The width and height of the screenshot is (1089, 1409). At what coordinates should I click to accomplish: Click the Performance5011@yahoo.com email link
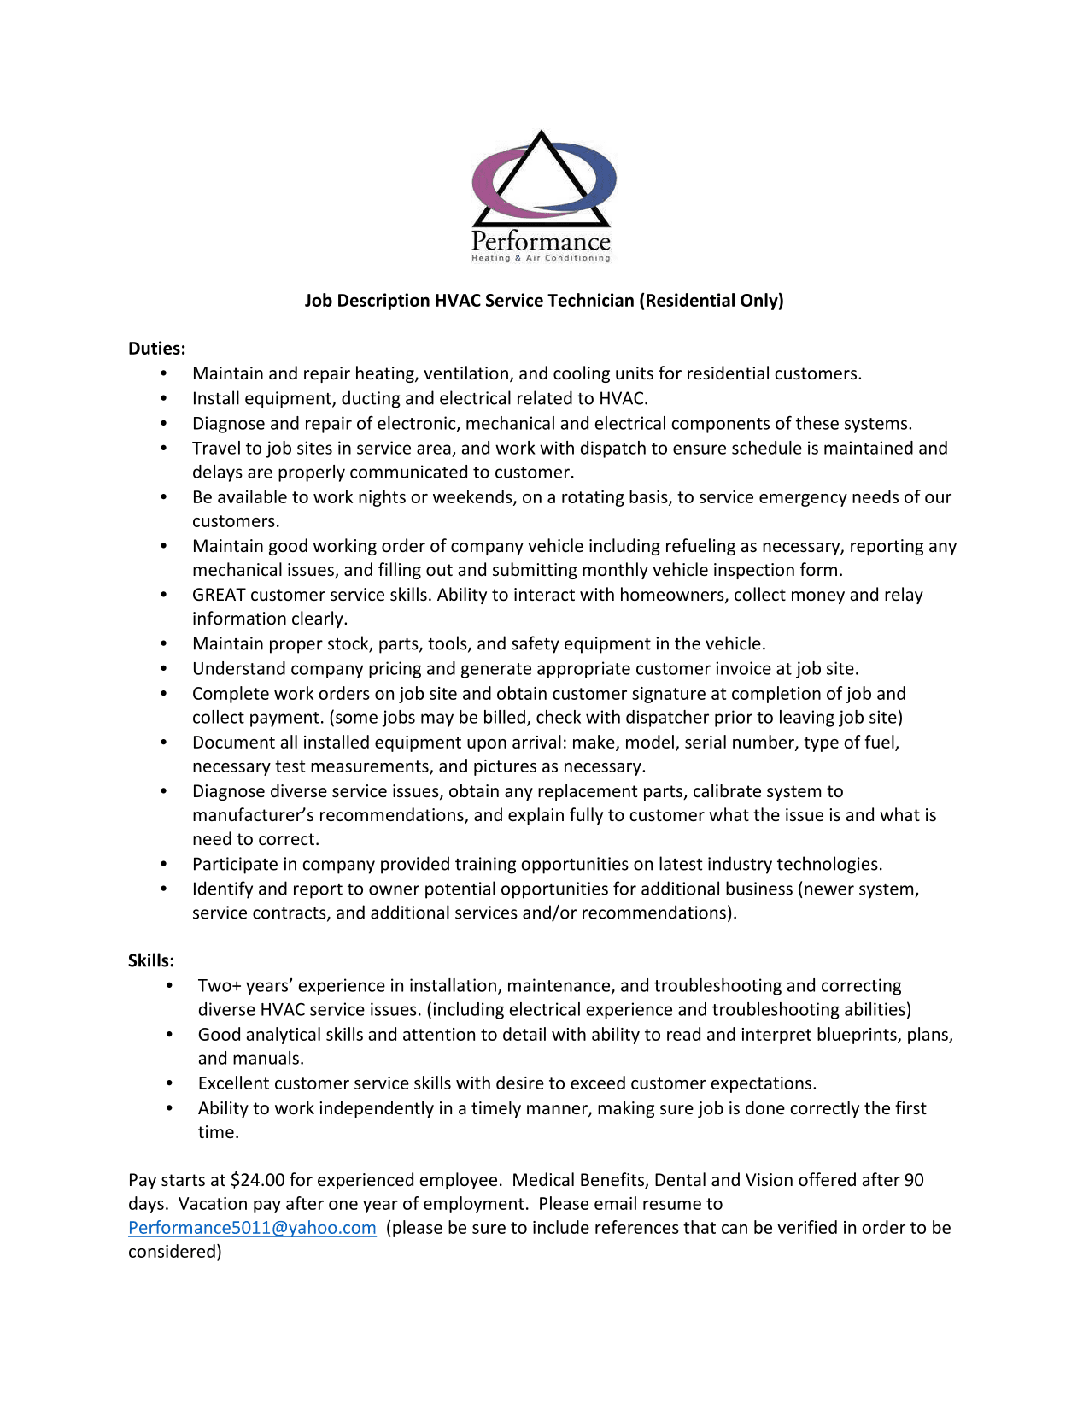click(x=252, y=1228)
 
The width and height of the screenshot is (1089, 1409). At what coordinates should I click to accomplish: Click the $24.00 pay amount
click(x=257, y=1180)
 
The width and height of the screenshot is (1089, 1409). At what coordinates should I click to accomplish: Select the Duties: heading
click(x=156, y=349)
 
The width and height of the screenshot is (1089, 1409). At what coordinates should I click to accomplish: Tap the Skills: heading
click(x=151, y=960)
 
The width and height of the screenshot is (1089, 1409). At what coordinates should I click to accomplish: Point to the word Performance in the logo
click(x=541, y=241)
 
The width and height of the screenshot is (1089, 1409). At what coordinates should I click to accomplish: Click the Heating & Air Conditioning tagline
click(x=541, y=258)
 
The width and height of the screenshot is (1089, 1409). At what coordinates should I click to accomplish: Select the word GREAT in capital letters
click(x=219, y=595)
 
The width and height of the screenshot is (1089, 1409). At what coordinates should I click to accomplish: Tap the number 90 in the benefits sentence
click(x=914, y=1180)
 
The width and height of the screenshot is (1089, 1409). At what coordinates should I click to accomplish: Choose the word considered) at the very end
click(x=175, y=1252)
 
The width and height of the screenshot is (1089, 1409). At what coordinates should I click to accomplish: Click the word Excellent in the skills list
click(x=233, y=1083)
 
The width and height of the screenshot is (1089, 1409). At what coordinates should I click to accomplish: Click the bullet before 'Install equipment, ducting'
click(x=164, y=399)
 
